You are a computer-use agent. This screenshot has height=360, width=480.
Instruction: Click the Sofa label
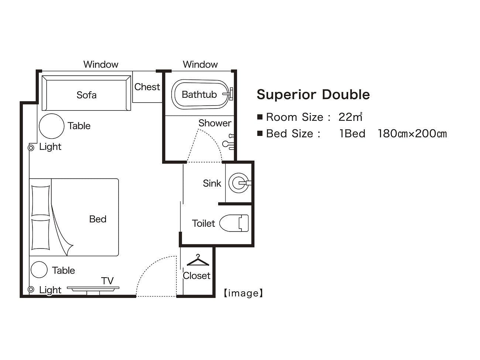pyautogui.click(x=86, y=95)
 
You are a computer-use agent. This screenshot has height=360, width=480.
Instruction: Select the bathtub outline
pyautogui.click(x=199, y=95)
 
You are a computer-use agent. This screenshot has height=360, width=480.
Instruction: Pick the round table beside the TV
pyautogui.click(x=39, y=270)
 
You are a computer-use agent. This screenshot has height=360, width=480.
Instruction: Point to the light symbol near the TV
pyautogui.click(x=31, y=289)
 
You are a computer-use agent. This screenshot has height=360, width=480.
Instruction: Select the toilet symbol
pyautogui.click(x=234, y=223)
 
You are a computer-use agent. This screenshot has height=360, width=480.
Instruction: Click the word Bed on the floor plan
pyautogui.click(x=98, y=219)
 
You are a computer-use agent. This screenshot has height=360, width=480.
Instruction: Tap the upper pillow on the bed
pyautogui.click(x=41, y=200)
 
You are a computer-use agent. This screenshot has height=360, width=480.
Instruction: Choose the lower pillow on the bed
pyautogui.click(x=41, y=234)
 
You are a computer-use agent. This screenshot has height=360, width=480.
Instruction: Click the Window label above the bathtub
pyautogui.click(x=200, y=65)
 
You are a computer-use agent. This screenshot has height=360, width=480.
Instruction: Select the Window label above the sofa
pyautogui.click(x=101, y=65)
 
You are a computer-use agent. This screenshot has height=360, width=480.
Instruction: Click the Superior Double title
pyautogui.click(x=313, y=95)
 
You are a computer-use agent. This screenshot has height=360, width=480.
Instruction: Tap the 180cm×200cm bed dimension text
pyautogui.click(x=412, y=133)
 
